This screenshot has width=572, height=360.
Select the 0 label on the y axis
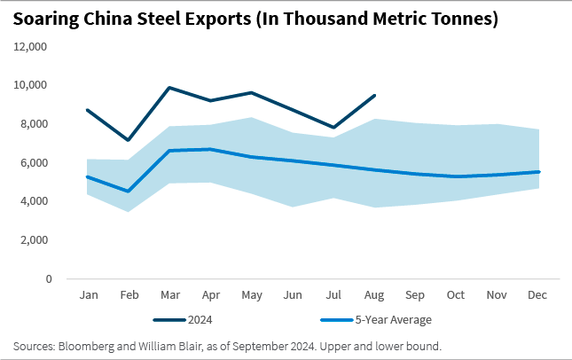[x=47, y=278]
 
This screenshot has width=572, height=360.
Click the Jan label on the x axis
[x=89, y=293]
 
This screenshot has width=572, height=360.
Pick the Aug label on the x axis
[x=374, y=293]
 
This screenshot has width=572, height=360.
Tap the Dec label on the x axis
[x=537, y=293]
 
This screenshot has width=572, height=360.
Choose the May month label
[x=252, y=293]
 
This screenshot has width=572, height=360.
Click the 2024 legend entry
[x=198, y=319]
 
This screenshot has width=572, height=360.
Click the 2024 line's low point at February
[x=129, y=140]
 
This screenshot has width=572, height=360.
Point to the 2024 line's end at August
[x=374, y=96]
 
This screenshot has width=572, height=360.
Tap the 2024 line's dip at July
[x=333, y=128]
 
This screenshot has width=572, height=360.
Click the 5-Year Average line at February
[x=129, y=191]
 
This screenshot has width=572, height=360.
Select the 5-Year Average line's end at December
[x=537, y=172]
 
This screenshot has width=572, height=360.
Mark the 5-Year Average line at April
[x=211, y=149]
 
